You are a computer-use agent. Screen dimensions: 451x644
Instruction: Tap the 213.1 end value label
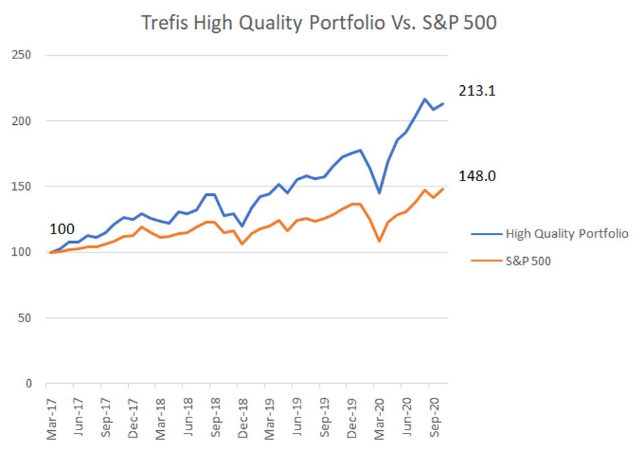coord(477,91)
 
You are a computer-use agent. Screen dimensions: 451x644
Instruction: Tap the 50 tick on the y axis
coord(24,318)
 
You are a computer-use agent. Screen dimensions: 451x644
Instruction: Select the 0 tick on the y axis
coord(28,384)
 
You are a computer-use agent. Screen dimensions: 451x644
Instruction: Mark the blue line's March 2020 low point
coord(379,193)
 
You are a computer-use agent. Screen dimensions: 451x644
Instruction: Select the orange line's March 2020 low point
coord(379,241)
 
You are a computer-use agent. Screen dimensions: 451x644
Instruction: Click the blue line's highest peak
coord(425,99)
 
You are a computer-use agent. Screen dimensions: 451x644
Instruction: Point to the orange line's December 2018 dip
coord(242,244)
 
